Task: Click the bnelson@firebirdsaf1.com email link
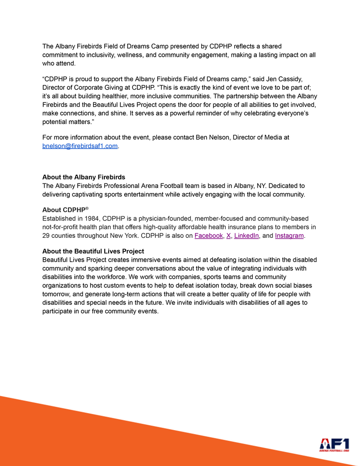[80, 146]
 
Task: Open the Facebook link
[209, 236]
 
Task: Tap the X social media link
[229, 236]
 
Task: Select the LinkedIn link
[246, 236]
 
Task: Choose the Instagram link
[289, 236]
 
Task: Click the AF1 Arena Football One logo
[334, 445]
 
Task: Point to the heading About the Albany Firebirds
[83, 177]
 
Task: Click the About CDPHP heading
[65, 210]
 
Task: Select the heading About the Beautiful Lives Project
[93, 251]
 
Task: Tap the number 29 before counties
[47, 236]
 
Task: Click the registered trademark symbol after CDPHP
[87, 208]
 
